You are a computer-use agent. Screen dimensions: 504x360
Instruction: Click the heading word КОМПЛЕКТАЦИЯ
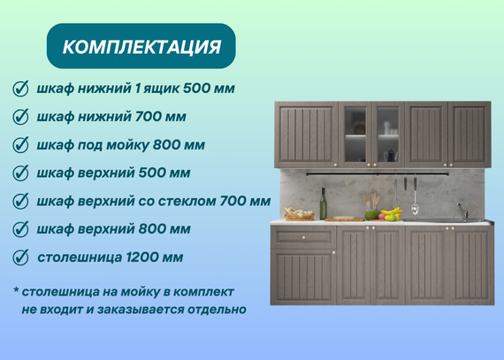(x=141, y=47)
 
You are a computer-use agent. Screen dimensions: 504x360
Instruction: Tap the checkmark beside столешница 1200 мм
(x=21, y=257)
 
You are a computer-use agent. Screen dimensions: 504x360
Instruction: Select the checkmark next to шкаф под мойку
(x=21, y=145)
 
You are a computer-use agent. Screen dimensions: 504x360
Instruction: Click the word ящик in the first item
(x=161, y=88)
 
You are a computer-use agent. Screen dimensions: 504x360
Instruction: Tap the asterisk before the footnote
(x=16, y=290)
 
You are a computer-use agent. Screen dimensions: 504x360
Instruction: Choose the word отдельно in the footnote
(x=217, y=310)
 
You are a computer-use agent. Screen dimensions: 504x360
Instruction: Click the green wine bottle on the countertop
(x=324, y=203)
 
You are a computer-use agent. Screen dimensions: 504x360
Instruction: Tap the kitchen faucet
(x=462, y=211)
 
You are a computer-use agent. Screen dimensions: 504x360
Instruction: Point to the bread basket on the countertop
(x=299, y=214)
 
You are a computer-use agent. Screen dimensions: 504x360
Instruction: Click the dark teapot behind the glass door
(x=391, y=156)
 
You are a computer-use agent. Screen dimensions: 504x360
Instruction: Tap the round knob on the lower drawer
(x=303, y=238)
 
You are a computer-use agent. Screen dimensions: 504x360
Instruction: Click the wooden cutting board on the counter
(x=344, y=219)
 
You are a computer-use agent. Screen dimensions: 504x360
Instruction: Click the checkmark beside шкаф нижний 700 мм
(x=21, y=117)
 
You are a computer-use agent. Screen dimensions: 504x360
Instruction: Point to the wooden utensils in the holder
(x=370, y=202)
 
